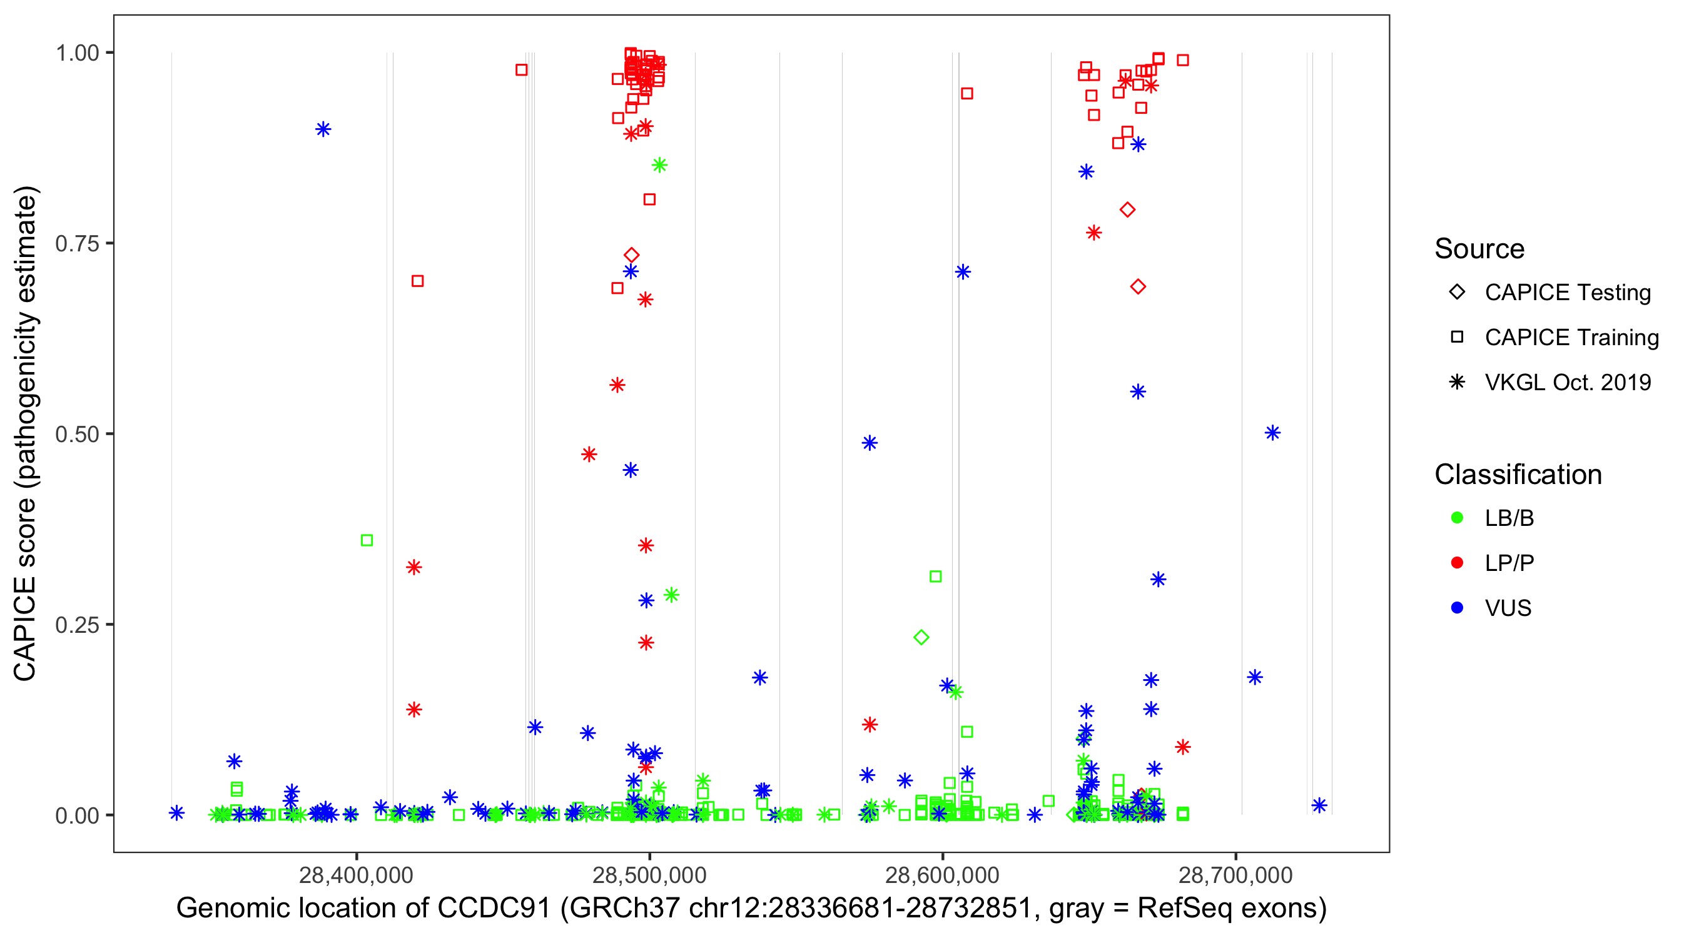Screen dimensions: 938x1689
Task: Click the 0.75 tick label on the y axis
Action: [x=76, y=244]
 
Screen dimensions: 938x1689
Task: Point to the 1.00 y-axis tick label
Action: [x=76, y=53]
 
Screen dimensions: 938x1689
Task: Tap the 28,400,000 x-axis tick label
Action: [x=356, y=875]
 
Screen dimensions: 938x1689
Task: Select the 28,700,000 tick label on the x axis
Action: [x=1236, y=875]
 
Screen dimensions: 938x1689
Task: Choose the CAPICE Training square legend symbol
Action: [x=1457, y=338]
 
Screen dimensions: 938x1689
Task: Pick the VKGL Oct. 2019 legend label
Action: [x=1567, y=383]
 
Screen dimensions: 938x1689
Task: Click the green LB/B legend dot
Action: [x=1457, y=518]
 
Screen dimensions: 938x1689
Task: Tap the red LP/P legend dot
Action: [x=1457, y=563]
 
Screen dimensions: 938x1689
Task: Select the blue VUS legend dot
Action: [x=1457, y=608]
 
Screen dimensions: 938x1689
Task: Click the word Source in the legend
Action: [x=1479, y=249]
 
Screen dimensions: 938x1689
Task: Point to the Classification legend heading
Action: [x=1518, y=475]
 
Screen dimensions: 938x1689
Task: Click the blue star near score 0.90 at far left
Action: [x=323, y=129]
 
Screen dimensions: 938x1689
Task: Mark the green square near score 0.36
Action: [x=367, y=541]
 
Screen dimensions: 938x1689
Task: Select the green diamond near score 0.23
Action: [x=921, y=637]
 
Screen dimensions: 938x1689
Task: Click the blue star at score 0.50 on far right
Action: [x=1272, y=433]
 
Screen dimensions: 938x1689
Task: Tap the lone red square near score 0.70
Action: [x=418, y=281]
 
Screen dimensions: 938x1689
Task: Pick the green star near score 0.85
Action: [x=659, y=165]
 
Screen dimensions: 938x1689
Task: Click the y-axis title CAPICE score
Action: [x=25, y=590]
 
